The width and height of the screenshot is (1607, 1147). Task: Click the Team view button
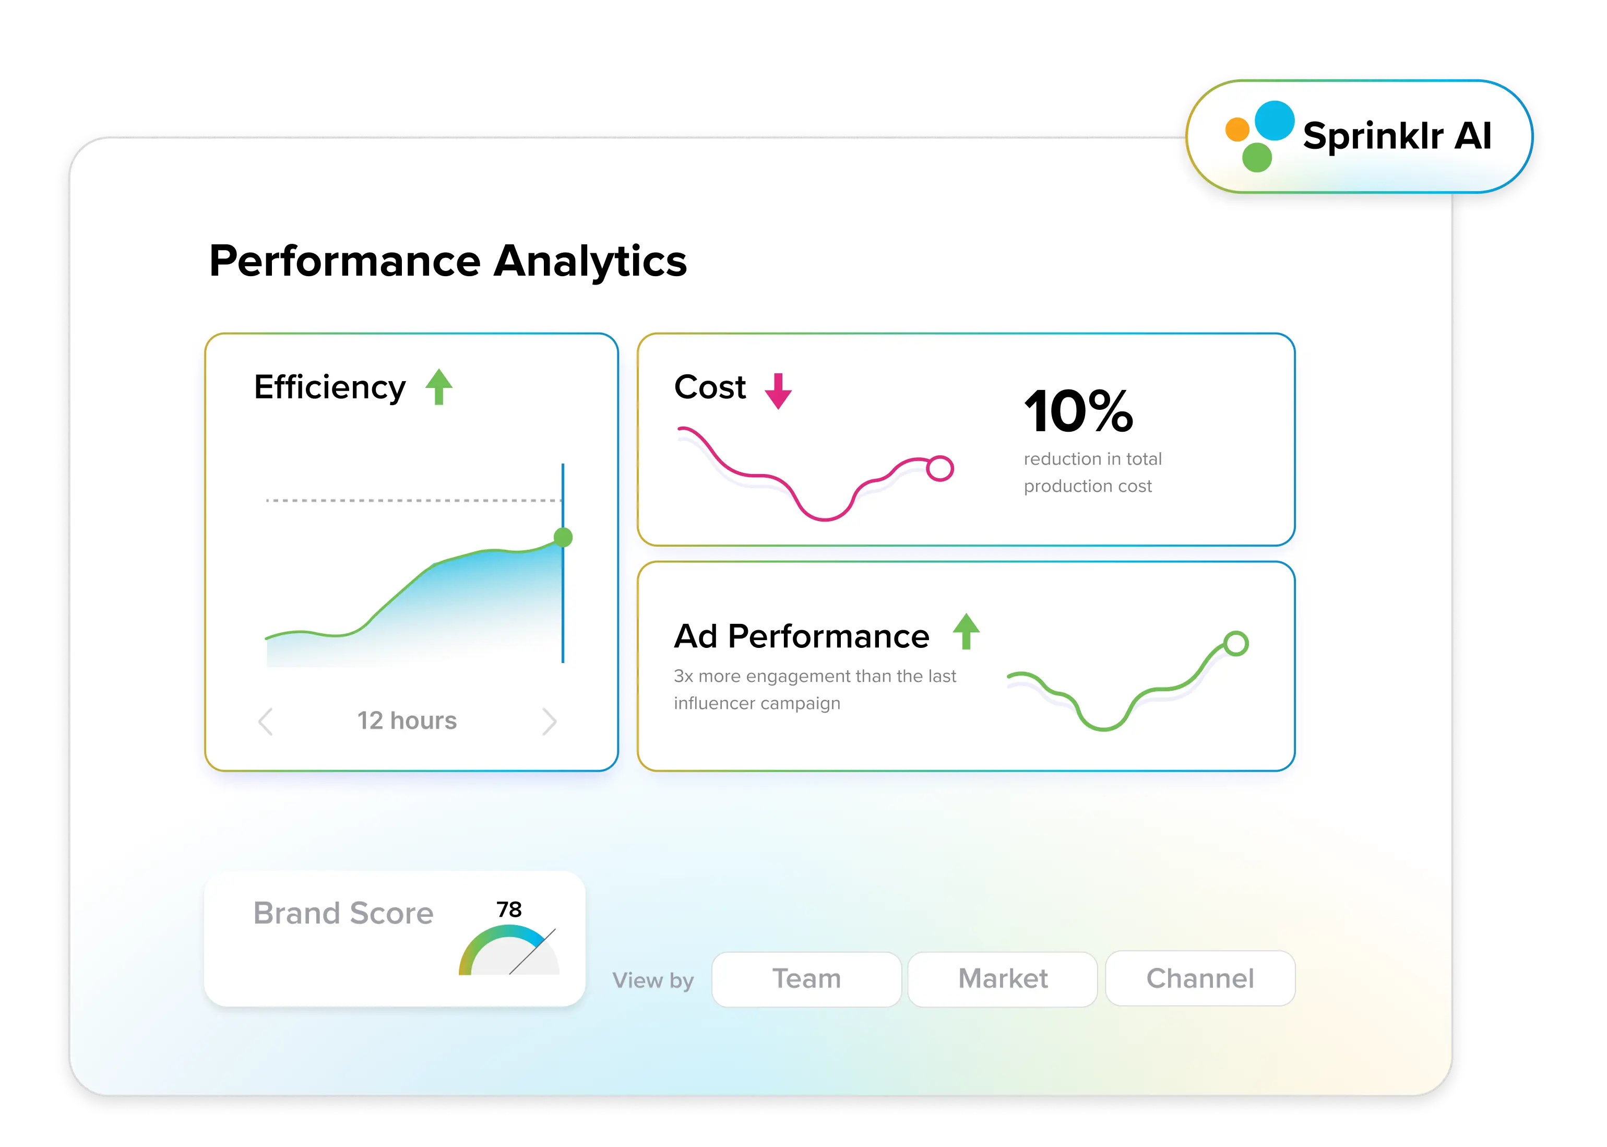(806, 979)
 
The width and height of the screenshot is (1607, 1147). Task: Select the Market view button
(1003, 979)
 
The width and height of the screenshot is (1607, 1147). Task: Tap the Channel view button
(1200, 978)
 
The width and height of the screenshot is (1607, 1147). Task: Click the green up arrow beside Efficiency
(438, 386)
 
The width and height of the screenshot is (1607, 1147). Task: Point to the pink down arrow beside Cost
(778, 391)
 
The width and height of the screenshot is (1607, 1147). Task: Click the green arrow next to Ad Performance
(966, 631)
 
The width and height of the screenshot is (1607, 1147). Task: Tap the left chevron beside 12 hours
(266, 721)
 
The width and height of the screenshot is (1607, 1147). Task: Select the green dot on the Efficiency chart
(563, 538)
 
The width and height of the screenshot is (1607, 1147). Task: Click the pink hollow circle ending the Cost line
(940, 468)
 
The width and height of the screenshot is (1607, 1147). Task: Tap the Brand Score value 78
(508, 909)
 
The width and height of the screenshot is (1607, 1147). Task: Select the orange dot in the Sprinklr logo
(1237, 130)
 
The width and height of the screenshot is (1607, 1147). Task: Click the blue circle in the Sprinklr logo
(1275, 121)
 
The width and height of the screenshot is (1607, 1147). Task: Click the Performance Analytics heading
(448, 262)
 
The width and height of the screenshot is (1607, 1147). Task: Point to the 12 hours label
(407, 720)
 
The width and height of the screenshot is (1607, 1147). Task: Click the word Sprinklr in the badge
(1373, 136)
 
